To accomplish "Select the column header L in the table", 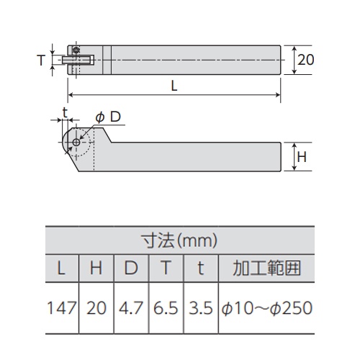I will pyautogui.click(x=60, y=269).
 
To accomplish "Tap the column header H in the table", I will pyautogui.click(x=96, y=269).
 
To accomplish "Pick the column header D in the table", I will pyautogui.click(x=131, y=269).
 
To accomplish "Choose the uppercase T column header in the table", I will pyautogui.click(x=166, y=269).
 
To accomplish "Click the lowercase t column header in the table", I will pyautogui.click(x=201, y=269).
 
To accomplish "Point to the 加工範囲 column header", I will pyautogui.click(x=266, y=269).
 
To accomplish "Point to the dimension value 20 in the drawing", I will pyautogui.click(x=305, y=61).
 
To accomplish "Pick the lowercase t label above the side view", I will pyautogui.click(x=66, y=112).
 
